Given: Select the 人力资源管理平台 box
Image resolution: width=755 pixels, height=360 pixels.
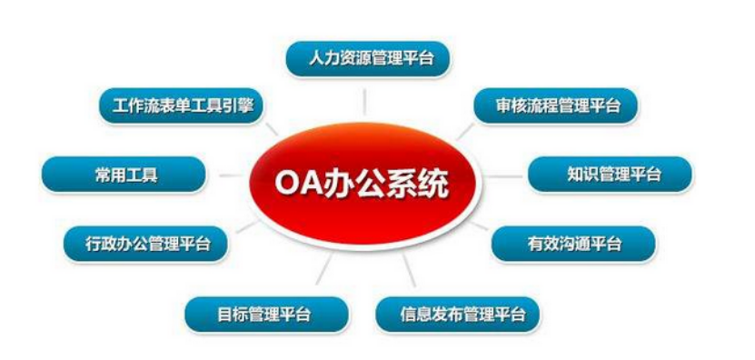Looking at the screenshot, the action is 368,59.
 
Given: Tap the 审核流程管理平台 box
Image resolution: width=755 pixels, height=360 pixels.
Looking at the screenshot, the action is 556,105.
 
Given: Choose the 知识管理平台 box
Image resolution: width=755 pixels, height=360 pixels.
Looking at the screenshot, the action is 610,175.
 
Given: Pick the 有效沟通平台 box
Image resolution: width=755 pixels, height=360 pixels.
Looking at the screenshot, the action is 573,244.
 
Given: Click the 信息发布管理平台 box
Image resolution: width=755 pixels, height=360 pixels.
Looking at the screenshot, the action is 457,315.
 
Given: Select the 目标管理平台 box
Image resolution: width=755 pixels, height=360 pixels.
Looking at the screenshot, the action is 267,315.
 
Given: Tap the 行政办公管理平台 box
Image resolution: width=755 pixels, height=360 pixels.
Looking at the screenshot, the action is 145,244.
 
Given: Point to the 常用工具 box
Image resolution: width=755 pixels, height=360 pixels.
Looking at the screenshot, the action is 124,175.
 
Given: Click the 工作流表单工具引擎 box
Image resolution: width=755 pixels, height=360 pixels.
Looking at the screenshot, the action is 182,105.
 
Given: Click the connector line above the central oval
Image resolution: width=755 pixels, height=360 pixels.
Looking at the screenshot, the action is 364,102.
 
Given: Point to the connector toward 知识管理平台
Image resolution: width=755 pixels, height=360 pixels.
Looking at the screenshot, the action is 504,176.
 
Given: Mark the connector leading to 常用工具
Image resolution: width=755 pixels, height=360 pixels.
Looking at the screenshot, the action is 231,175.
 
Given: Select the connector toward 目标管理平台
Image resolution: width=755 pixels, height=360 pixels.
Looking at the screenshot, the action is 324,268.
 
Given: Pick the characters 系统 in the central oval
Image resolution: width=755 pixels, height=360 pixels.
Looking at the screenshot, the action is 418,184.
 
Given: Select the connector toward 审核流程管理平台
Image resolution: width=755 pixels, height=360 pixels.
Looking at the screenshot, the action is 465,131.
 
